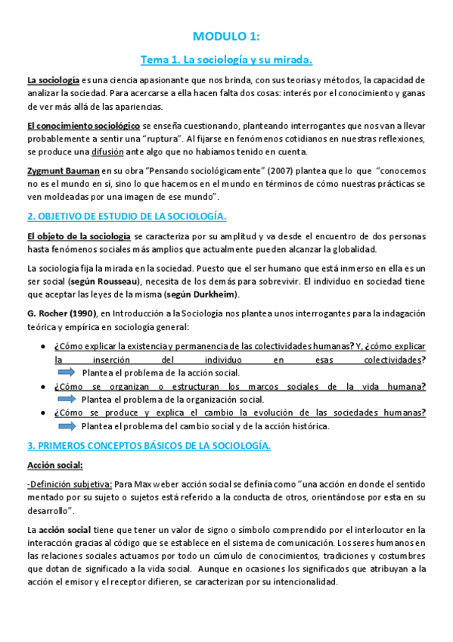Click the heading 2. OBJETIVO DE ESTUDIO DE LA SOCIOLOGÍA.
tap(126, 217)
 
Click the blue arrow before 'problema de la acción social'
tap(67, 372)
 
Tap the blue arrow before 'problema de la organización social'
tap(67, 399)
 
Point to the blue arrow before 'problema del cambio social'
tap(67, 425)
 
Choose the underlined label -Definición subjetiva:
tap(70, 484)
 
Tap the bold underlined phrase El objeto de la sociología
tap(79, 237)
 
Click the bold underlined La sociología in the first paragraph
tap(53, 79)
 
